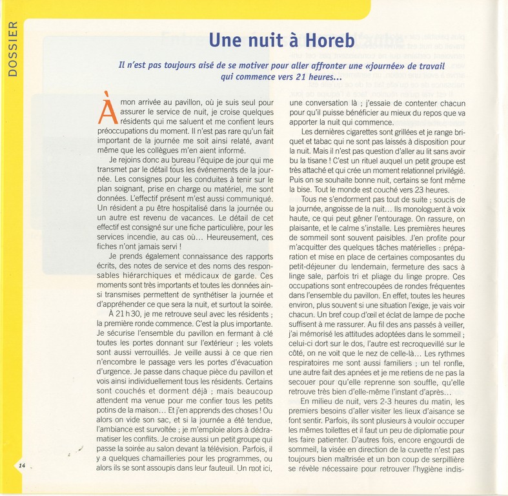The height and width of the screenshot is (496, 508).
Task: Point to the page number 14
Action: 22,466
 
